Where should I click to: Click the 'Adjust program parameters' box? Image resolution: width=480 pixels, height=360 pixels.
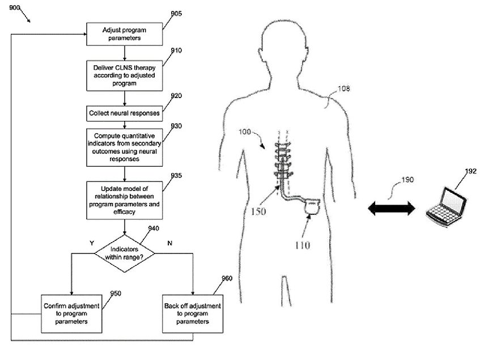tap(124, 33)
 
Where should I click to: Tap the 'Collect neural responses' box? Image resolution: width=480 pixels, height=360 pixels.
tap(124, 113)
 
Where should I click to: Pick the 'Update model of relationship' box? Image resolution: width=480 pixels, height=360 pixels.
tap(124, 200)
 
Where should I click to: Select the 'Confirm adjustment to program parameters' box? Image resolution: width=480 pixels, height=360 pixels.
tap(72, 313)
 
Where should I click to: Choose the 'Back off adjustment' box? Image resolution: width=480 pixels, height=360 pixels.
tap(193, 313)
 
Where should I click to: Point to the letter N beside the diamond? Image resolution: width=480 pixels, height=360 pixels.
tap(170, 242)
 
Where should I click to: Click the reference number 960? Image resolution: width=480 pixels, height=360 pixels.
tap(227, 278)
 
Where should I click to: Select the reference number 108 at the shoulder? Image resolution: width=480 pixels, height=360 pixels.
tap(344, 88)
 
